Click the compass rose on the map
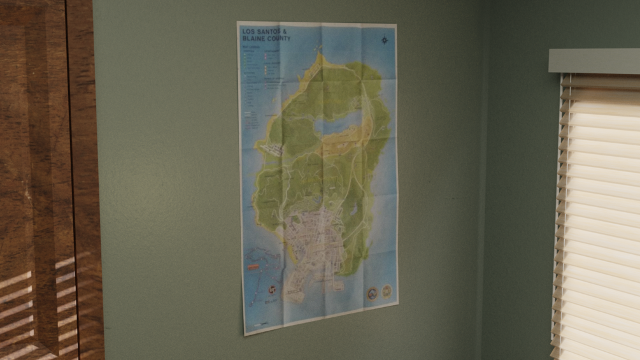click(x=385, y=40)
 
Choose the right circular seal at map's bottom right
click(x=386, y=291)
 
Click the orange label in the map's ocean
click(x=253, y=264)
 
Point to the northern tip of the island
click(x=320, y=56)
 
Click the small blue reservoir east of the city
click(x=351, y=210)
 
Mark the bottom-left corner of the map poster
click(x=245, y=335)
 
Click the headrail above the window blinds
click(x=594, y=61)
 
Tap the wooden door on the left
click(x=45, y=178)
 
